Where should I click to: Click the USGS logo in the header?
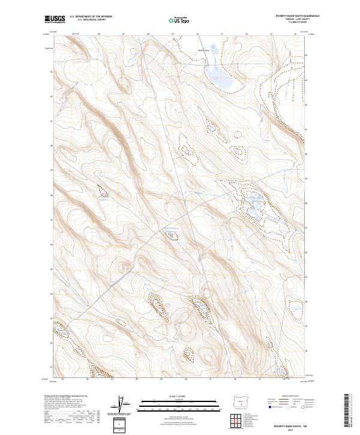click(55, 19)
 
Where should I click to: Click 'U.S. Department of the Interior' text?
click(91, 17)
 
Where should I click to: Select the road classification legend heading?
click(289, 397)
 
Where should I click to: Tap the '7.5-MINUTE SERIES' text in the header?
click(292, 23)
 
